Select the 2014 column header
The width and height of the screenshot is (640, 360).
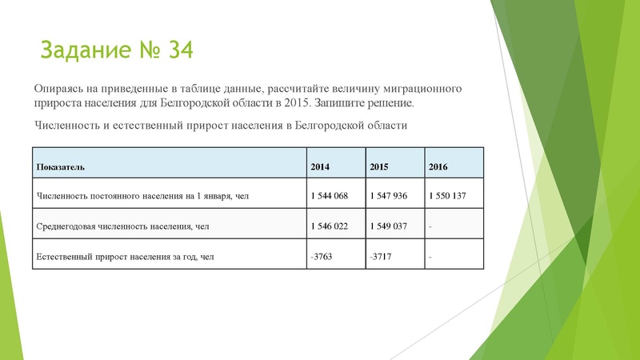pos(319,166)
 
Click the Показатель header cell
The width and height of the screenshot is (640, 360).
pos(61,166)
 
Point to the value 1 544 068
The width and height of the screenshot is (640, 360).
pos(329,196)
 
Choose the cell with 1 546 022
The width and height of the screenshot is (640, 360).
pos(329,226)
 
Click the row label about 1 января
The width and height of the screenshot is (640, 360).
pos(148,196)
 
